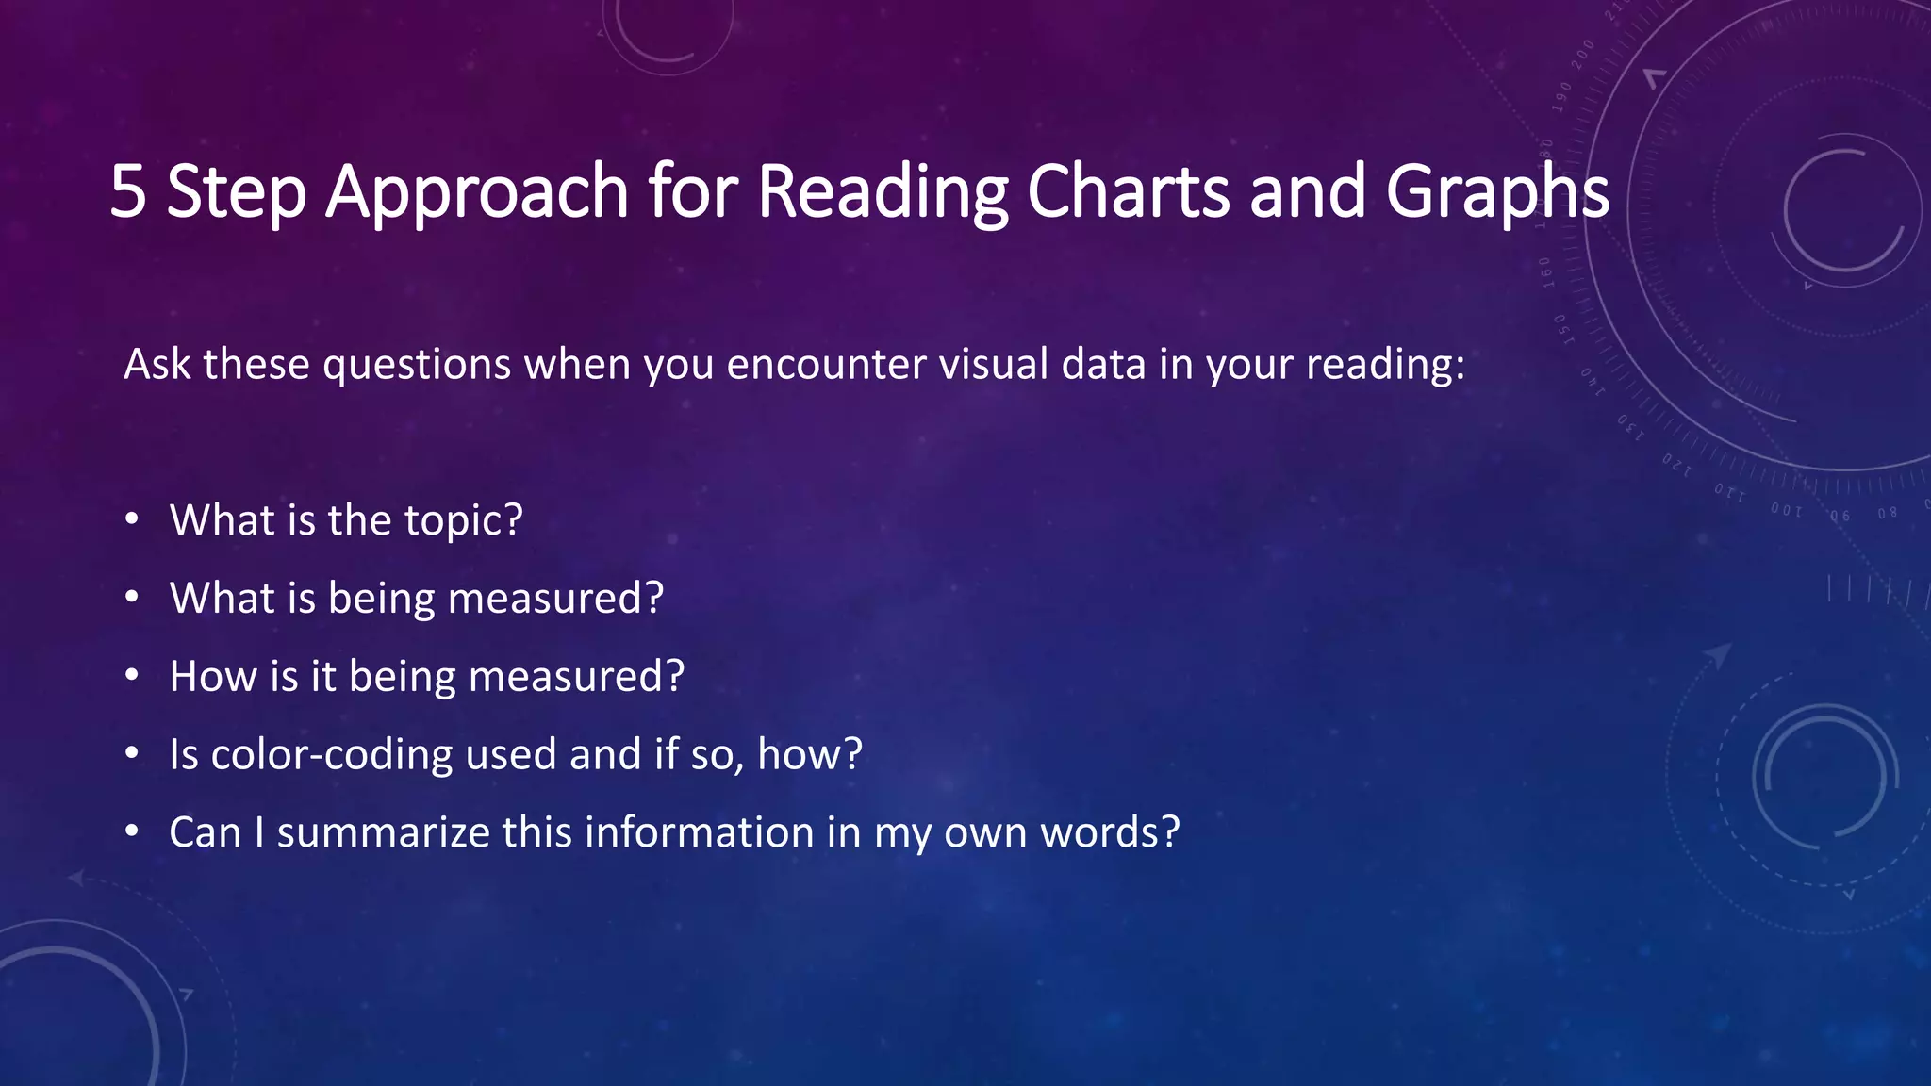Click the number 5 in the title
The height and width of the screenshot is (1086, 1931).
[129, 192]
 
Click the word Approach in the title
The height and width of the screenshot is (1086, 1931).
[476, 192]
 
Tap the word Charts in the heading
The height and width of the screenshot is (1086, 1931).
[1128, 192]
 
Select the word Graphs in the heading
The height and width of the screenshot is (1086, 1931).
[1496, 192]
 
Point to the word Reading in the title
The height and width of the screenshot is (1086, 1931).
[883, 192]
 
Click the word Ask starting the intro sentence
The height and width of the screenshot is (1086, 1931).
[157, 365]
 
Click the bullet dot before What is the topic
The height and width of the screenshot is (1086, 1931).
[132, 519]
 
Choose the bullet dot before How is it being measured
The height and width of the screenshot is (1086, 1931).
[132, 675]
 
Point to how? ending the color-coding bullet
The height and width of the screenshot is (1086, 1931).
[810, 755]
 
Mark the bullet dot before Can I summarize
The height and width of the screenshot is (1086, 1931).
[132, 831]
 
